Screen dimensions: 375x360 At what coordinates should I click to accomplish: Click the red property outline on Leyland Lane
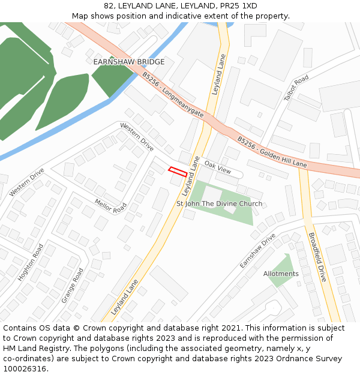[177, 172]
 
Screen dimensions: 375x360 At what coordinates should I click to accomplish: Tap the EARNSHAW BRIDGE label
[128, 62]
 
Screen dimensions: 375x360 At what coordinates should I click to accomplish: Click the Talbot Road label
[296, 88]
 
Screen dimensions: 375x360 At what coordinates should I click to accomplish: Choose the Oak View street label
[217, 167]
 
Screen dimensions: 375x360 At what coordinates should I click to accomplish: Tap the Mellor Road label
[111, 206]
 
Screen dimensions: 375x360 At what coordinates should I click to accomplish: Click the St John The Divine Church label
[219, 203]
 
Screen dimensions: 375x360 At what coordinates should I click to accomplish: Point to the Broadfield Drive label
[316, 257]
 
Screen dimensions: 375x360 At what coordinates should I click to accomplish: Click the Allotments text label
[281, 274]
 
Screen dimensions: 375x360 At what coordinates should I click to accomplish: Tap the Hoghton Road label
[31, 262]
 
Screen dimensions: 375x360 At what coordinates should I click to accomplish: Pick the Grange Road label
[73, 286]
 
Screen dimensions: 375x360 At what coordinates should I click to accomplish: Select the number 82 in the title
[109, 6]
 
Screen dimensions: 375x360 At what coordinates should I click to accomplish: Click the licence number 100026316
[25, 368]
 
